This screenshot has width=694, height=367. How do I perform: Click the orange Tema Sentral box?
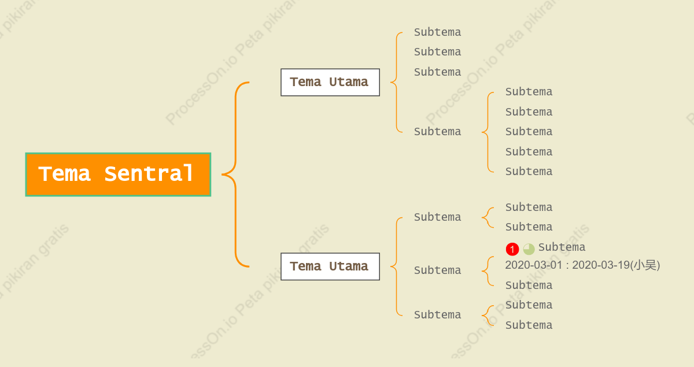click(x=118, y=175)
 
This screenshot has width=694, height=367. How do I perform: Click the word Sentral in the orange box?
click(x=149, y=174)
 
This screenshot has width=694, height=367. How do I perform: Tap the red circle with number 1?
click(x=512, y=249)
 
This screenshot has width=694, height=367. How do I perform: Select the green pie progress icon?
click(x=529, y=249)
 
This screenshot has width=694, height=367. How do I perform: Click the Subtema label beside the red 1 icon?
click(x=562, y=247)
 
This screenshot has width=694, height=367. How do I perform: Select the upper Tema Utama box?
click(x=330, y=83)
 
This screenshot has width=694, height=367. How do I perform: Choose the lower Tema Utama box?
click(x=330, y=266)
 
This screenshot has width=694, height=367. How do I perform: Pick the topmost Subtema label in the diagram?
click(x=437, y=32)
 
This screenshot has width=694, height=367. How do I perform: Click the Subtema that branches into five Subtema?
click(x=437, y=132)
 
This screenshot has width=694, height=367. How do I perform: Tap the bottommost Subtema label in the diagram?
click(x=529, y=325)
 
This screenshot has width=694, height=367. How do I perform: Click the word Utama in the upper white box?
click(x=349, y=82)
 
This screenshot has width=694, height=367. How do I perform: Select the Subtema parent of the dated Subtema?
click(x=437, y=270)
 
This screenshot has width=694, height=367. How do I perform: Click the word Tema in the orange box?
click(x=64, y=174)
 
